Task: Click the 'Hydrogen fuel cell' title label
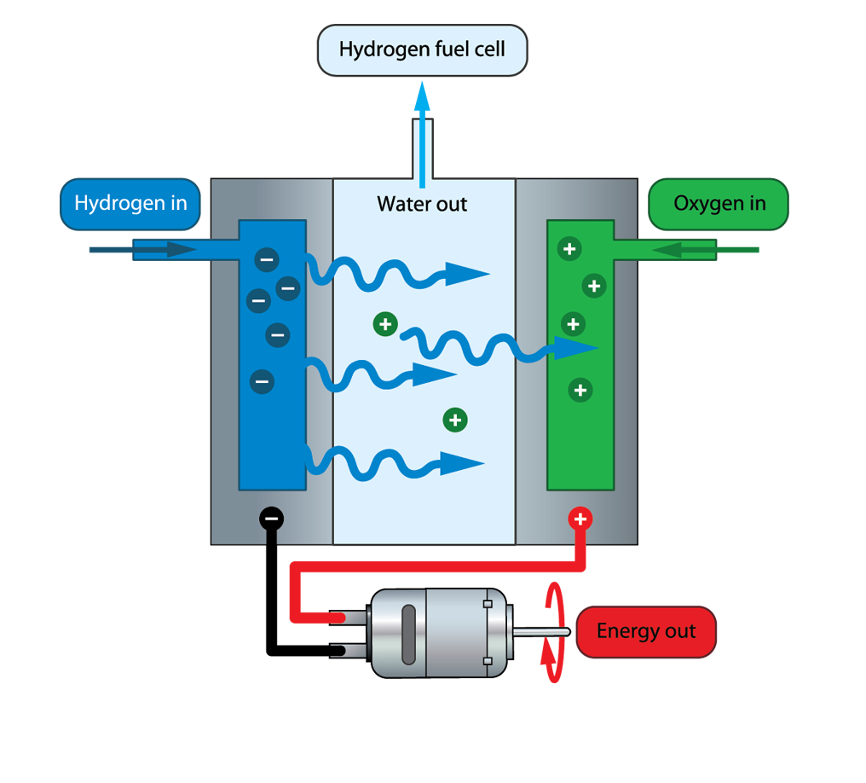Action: (422, 49)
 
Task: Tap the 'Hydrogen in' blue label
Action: (130, 203)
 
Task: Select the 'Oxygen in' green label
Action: (719, 204)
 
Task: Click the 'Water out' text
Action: (422, 205)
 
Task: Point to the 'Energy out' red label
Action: (645, 631)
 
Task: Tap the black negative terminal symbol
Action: (271, 518)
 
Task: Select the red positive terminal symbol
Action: (580, 519)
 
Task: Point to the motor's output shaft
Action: (540, 632)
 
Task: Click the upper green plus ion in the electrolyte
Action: (385, 324)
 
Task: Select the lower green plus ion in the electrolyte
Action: (455, 420)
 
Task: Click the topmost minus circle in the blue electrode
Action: (267, 258)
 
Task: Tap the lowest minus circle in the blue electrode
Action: (262, 380)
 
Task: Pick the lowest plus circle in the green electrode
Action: (580, 391)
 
